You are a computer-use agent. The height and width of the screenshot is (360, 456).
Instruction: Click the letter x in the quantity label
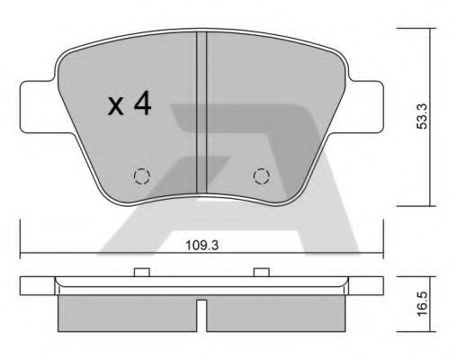[x=116, y=107]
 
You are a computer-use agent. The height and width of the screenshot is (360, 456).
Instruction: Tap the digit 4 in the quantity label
[x=142, y=104]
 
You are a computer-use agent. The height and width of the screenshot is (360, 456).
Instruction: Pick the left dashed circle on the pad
[x=141, y=175]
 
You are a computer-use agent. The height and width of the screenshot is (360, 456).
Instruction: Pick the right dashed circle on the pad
[x=261, y=175]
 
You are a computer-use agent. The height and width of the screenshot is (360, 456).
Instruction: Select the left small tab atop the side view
[x=140, y=272]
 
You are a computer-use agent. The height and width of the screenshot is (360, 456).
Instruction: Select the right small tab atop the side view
[x=261, y=272]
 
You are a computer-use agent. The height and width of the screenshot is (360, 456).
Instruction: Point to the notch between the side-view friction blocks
[x=202, y=310]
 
